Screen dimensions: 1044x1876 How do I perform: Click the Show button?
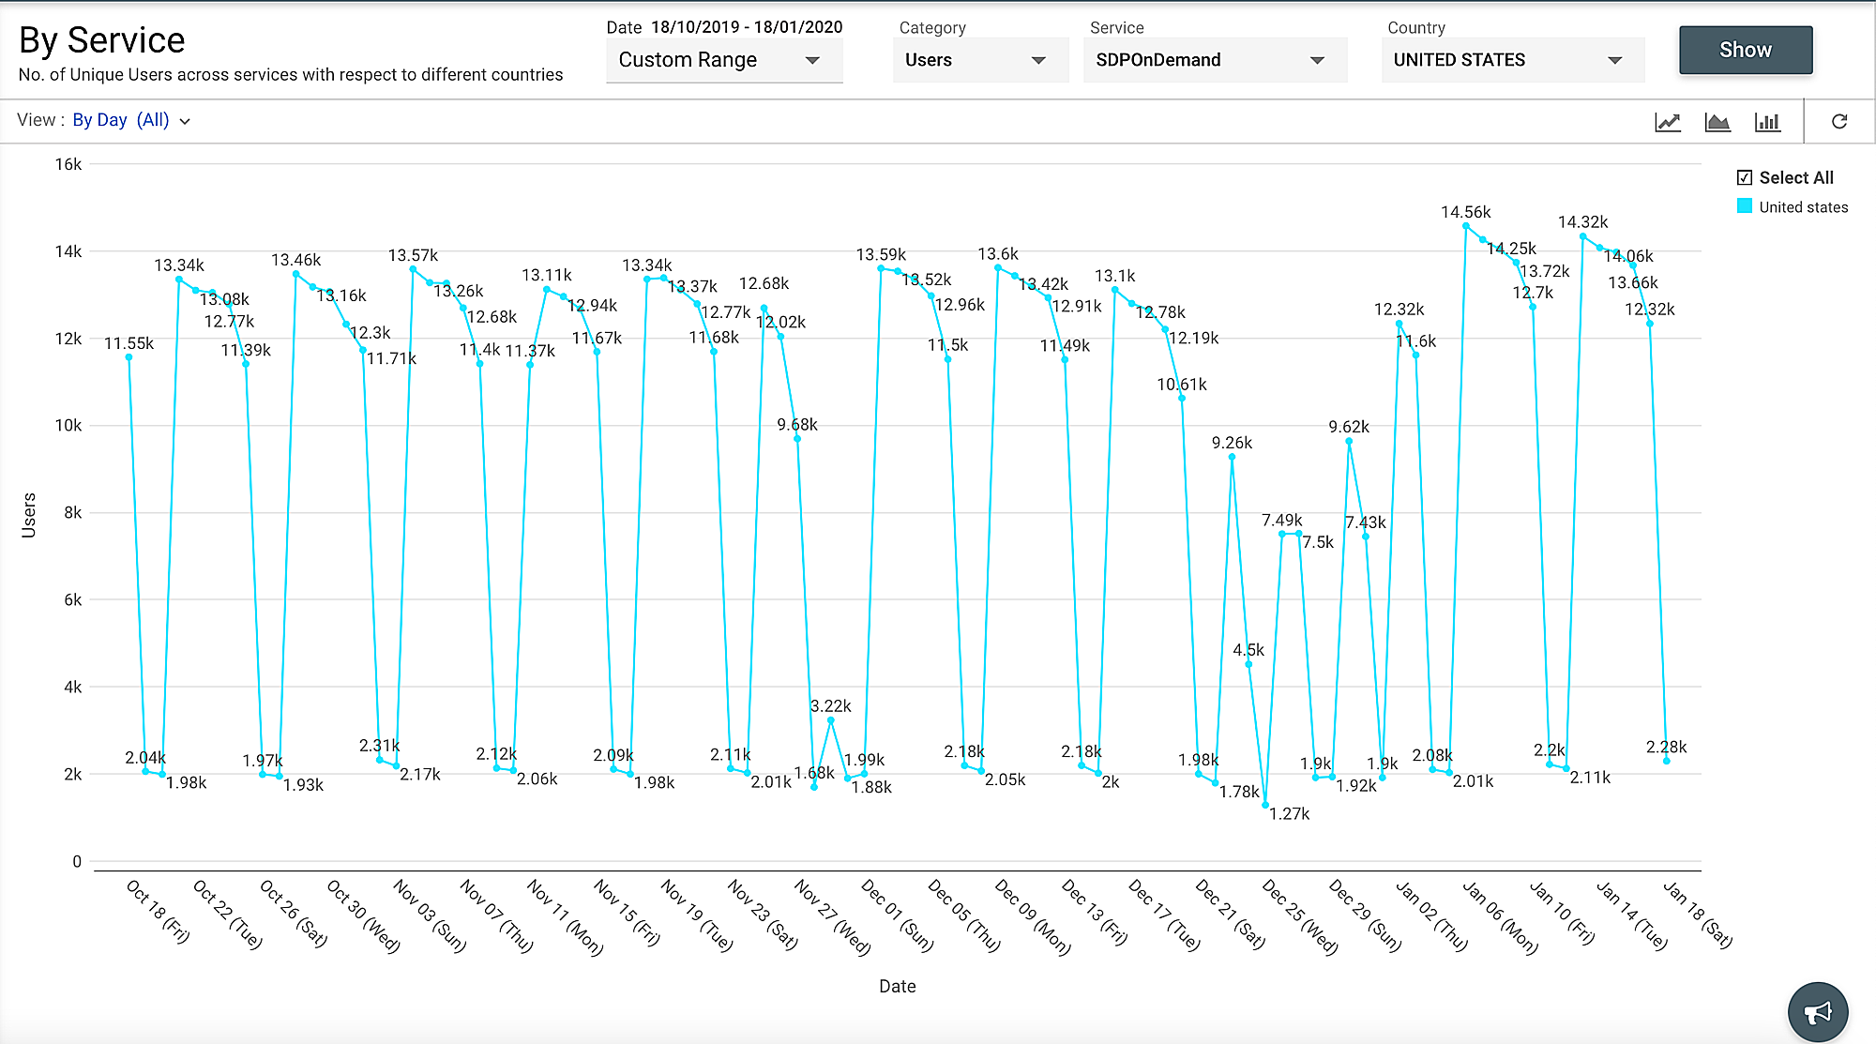click(1745, 51)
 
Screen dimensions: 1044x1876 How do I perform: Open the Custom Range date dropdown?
click(723, 60)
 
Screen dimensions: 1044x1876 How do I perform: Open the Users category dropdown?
click(976, 60)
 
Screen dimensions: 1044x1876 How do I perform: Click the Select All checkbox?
click(1745, 178)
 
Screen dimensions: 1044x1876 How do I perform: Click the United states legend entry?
click(1802, 207)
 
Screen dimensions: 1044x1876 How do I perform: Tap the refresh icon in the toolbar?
click(1839, 122)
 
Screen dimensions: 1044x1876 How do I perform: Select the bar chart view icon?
click(1767, 122)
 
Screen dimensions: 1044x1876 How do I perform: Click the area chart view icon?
click(1717, 122)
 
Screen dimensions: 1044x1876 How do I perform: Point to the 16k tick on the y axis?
click(68, 164)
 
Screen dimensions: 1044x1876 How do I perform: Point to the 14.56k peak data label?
click(1465, 213)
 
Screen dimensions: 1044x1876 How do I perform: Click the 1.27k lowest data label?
click(1289, 814)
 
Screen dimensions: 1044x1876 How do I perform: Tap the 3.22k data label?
click(830, 706)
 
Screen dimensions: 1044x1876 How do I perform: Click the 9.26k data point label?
click(1232, 443)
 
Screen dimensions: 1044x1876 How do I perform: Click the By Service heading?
click(102, 40)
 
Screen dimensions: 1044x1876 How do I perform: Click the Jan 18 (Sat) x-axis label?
click(1698, 915)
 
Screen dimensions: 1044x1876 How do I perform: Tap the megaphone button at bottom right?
click(1817, 1012)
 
